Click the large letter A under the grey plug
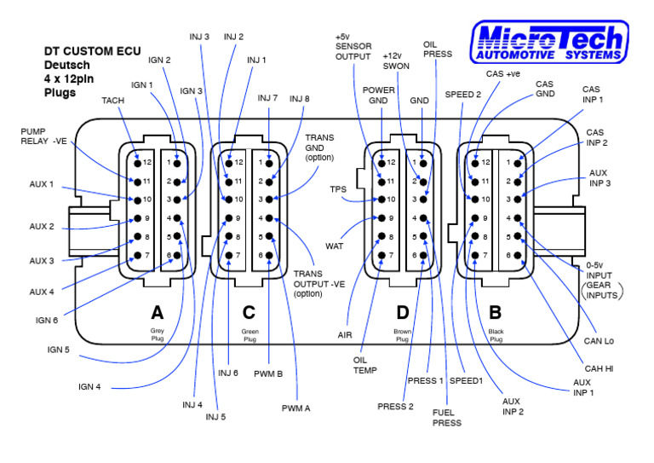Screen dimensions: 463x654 click(157, 313)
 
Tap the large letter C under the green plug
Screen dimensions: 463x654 click(249, 313)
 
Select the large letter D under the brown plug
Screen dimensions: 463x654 click(403, 313)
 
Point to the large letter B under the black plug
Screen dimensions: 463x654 click(495, 313)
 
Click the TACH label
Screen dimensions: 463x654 click(113, 101)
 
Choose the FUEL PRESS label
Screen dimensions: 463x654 click(447, 417)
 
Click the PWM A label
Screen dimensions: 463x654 click(295, 408)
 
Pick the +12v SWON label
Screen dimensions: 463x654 click(397, 60)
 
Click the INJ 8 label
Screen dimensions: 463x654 click(300, 99)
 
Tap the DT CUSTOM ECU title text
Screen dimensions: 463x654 click(93, 51)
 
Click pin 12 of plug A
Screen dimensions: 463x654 click(135, 162)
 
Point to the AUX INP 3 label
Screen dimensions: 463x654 click(601, 177)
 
